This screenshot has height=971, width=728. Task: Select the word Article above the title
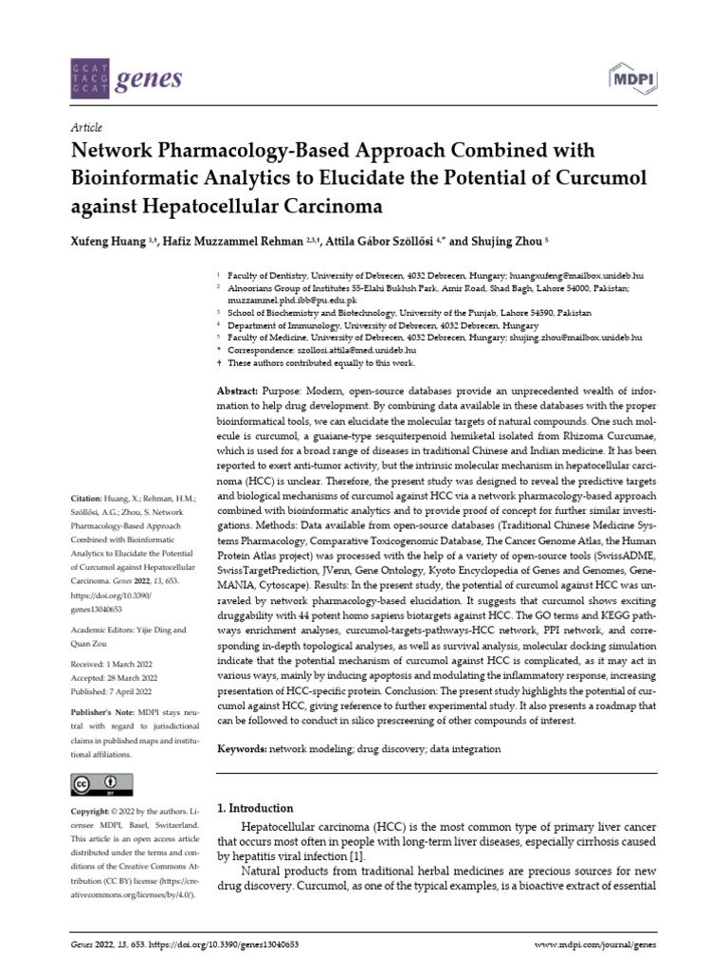click(x=86, y=127)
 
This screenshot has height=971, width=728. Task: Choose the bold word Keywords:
click(x=243, y=749)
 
